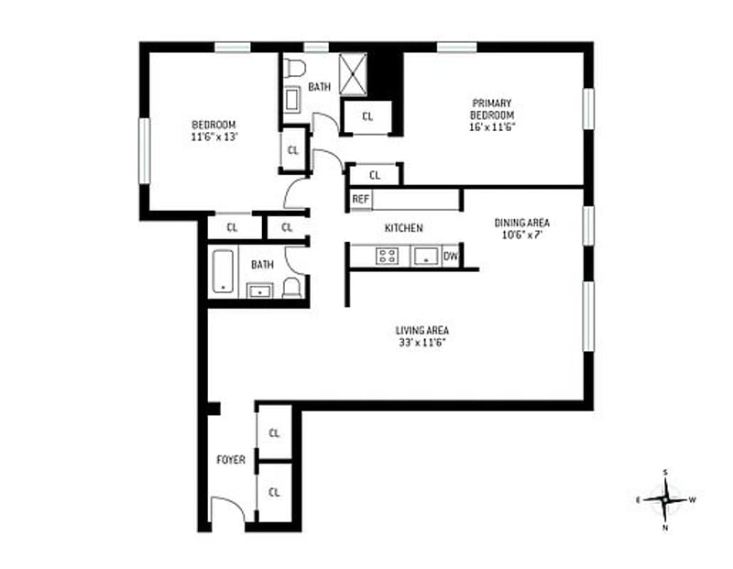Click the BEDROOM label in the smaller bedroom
pyautogui.click(x=213, y=125)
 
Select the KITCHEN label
pyautogui.click(x=403, y=228)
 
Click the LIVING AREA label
pyautogui.click(x=421, y=331)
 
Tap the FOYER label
pyautogui.click(x=230, y=459)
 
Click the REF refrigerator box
pyautogui.click(x=360, y=199)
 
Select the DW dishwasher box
pyautogui.click(x=451, y=257)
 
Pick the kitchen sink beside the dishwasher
pyautogui.click(x=425, y=257)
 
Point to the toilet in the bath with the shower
pyautogui.click(x=294, y=68)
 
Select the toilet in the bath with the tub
pyautogui.click(x=292, y=288)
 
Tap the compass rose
pyautogui.click(x=665, y=499)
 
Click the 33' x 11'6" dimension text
pyautogui.click(x=421, y=343)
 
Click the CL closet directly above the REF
pyautogui.click(x=375, y=174)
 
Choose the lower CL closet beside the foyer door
pyautogui.click(x=274, y=492)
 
